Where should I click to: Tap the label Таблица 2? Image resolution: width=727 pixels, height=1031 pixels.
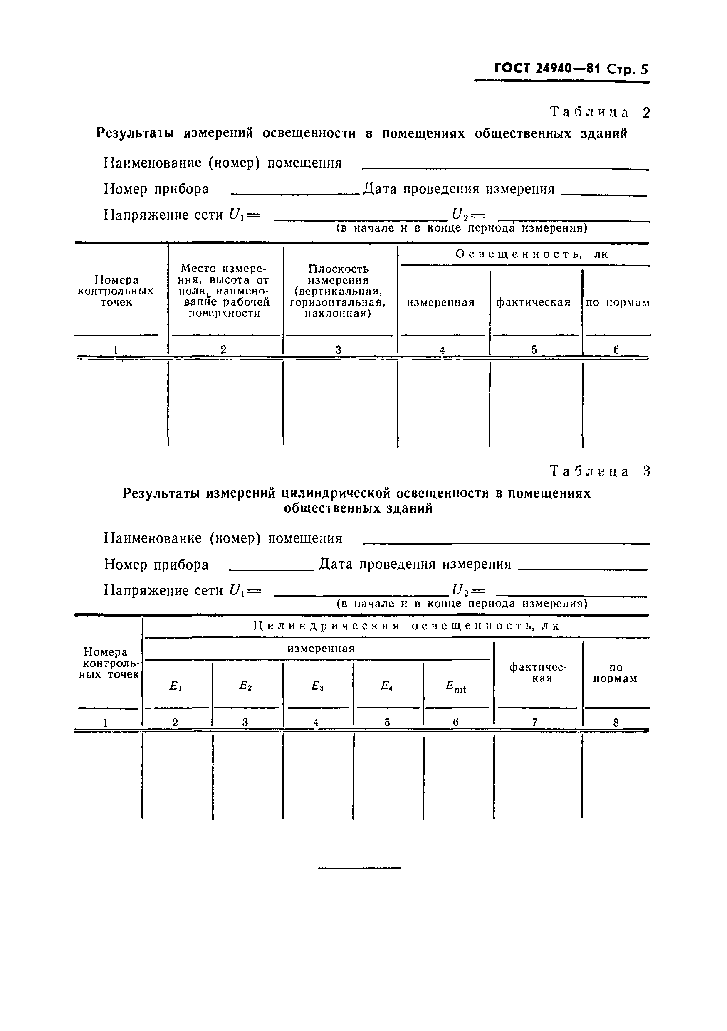coord(599,112)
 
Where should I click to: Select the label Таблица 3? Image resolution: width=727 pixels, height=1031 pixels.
coord(599,471)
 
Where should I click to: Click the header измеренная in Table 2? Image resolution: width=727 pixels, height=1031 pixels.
coord(441,302)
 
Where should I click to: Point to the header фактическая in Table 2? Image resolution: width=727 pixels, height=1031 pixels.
coord(533,302)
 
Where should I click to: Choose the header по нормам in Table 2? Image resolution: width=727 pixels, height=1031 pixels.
coord(617,303)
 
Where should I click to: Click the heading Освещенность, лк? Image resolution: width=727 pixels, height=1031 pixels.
coord(532,254)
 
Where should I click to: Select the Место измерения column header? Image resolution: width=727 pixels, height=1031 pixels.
coord(224,291)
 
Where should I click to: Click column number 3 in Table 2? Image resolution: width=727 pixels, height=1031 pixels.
coord(339,350)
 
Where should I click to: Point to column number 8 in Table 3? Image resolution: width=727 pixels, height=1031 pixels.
coord(616,723)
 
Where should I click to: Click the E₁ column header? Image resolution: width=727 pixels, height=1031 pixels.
coord(175,686)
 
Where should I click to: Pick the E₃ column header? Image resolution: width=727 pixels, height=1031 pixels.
coord(317,686)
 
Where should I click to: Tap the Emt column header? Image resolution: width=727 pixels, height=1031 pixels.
coord(455,687)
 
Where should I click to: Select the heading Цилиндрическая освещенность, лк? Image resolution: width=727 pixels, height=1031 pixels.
coord(406,626)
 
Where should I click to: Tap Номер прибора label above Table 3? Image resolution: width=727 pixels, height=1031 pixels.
coord(156,564)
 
